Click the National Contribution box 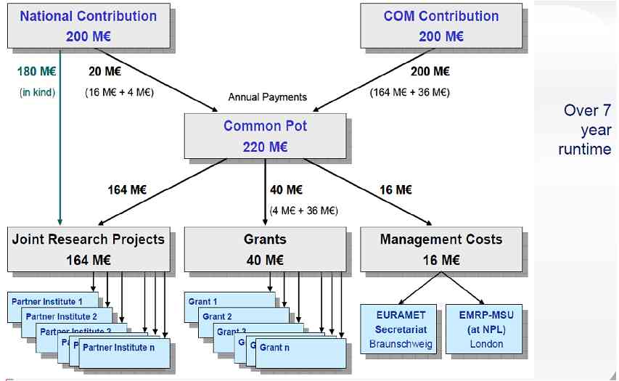tap(88, 25)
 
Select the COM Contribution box tap(441, 25)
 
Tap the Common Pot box tap(265, 136)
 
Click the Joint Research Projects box tap(89, 248)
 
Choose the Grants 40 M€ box tap(265, 248)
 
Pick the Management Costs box tap(441, 248)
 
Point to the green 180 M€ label tap(36, 71)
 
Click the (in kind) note tap(37, 92)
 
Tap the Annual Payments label tap(267, 97)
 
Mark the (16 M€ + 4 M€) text tap(118, 92)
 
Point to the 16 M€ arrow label tap(395, 190)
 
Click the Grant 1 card tap(203, 301)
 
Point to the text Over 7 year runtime tap(586, 130)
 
